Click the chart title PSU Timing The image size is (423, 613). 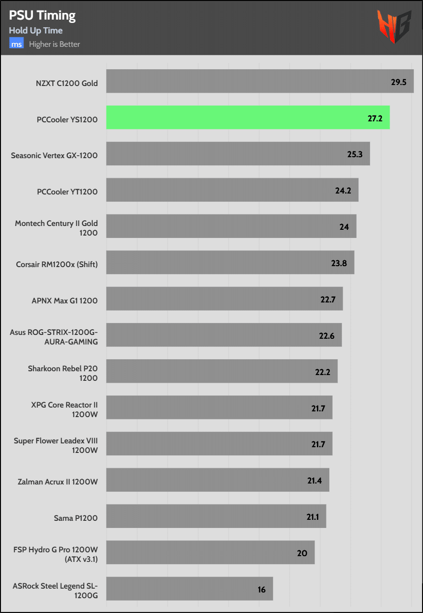click(43, 15)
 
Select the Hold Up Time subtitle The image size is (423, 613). click(36, 31)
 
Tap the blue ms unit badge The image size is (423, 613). click(17, 44)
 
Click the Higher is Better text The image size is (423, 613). click(54, 44)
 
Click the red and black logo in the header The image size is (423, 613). click(394, 27)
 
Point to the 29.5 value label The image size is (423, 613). click(398, 82)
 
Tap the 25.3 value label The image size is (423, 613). click(354, 155)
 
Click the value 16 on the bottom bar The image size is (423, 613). click(261, 590)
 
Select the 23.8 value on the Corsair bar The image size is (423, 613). click(339, 263)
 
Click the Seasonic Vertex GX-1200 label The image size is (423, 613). click(54, 155)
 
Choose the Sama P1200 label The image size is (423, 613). click(76, 517)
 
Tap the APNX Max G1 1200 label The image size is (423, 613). click(65, 301)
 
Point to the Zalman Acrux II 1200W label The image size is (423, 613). click(57, 481)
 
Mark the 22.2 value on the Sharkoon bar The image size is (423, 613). click(322, 372)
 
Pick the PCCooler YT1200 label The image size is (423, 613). click(67, 192)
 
